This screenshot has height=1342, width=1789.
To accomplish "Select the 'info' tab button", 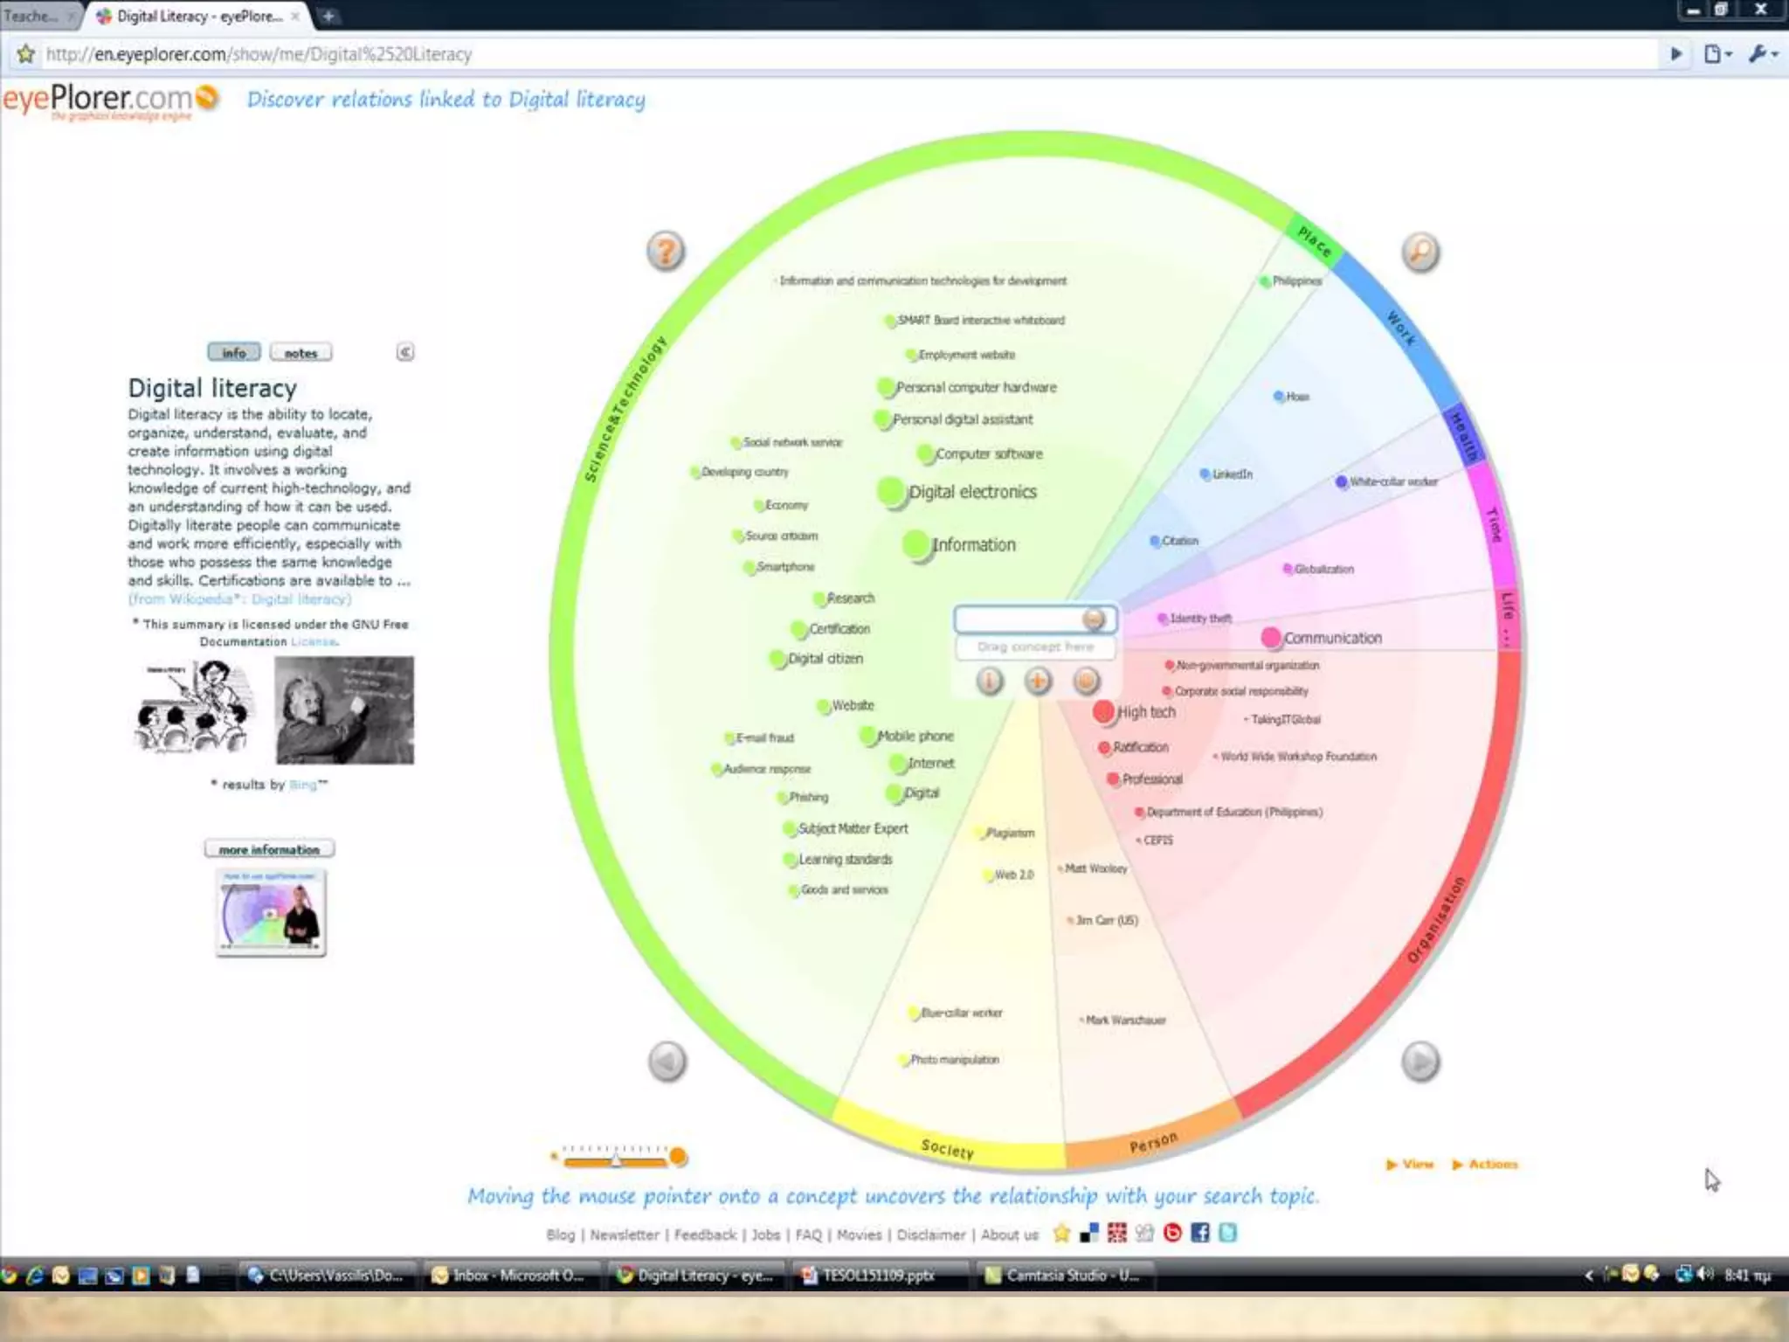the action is [x=233, y=352].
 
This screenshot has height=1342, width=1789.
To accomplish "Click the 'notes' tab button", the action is [x=300, y=353].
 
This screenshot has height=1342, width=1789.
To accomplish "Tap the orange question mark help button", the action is [x=666, y=252].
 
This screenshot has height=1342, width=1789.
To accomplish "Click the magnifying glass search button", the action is [x=1420, y=252].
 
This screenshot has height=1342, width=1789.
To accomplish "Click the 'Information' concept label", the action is [x=973, y=545].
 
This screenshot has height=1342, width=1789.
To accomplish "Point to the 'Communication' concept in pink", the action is [x=1331, y=638].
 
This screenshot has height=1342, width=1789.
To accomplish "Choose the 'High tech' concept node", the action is [x=1144, y=712].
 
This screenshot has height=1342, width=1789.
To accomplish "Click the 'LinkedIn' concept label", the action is [x=1232, y=474].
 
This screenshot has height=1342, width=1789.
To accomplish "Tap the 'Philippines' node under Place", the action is [x=1295, y=281].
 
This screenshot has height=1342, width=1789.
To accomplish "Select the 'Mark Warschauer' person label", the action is [x=1125, y=1020].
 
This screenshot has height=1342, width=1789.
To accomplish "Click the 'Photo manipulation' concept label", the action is [x=954, y=1060].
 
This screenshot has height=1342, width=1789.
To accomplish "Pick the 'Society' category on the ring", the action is [x=948, y=1148].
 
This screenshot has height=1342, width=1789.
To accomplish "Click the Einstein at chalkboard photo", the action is [x=344, y=710].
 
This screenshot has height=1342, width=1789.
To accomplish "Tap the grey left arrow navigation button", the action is [x=667, y=1062].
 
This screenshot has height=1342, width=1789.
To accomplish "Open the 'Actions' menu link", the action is [x=1492, y=1164].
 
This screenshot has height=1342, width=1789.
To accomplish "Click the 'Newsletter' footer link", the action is [x=625, y=1235].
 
